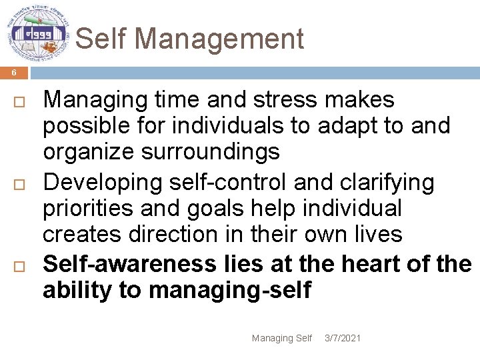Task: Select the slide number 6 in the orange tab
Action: (13, 73)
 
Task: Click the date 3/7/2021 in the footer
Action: (342, 338)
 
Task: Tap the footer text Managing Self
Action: (281, 338)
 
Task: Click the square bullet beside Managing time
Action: (18, 101)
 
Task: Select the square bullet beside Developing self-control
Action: (18, 183)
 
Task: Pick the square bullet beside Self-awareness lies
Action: (18, 265)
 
